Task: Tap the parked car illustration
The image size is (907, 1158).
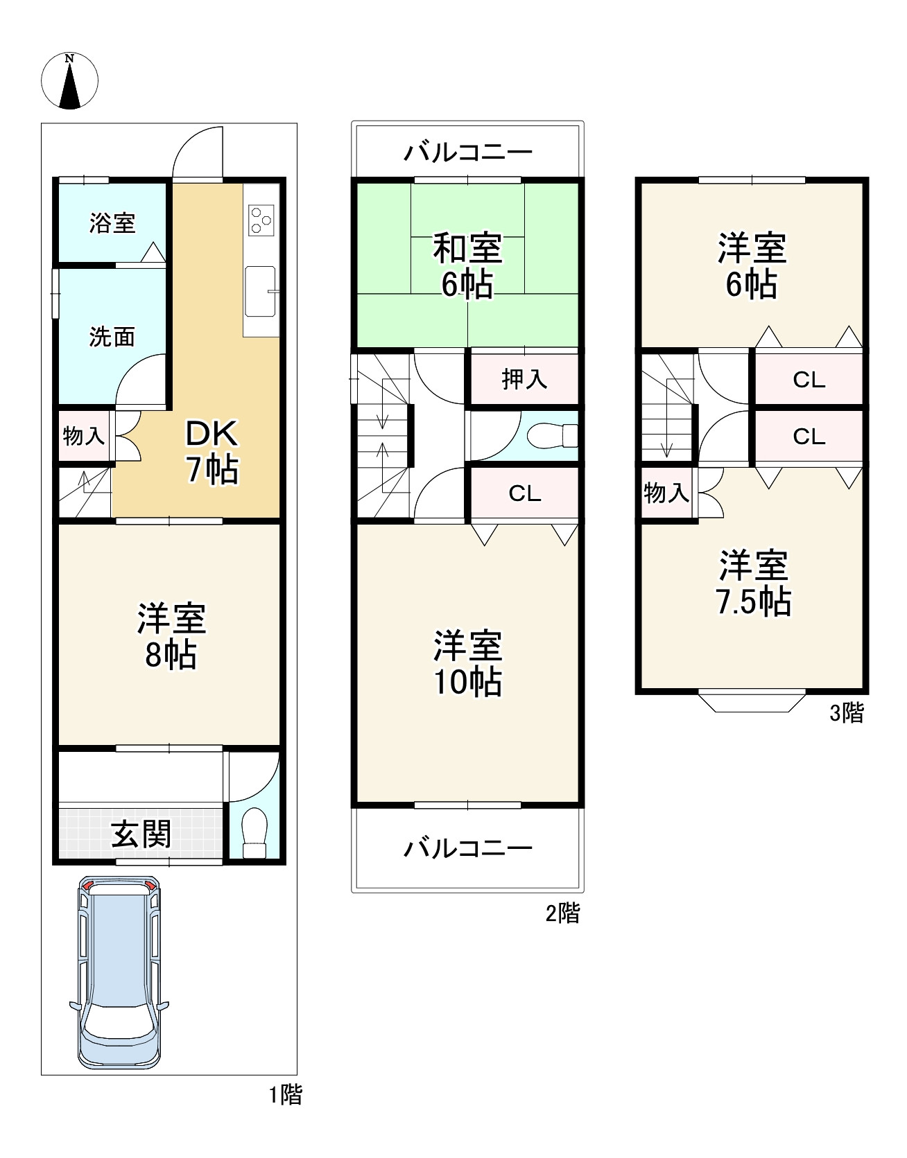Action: coord(119,973)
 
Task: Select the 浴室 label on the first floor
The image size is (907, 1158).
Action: coord(112,223)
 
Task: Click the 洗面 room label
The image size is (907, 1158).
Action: coord(112,337)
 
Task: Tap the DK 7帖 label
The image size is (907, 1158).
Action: coord(212,453)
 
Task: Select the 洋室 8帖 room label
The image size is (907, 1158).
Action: coord(171,636)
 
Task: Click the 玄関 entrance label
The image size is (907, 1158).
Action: coord(141,834)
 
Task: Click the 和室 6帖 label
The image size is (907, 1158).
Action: coord(467,265)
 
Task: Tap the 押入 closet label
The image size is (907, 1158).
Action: coord(525,379)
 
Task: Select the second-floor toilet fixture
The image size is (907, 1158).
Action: coord(553,436)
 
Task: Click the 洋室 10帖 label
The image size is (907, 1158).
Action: coord(468,664)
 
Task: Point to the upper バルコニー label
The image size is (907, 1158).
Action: coord(468,152)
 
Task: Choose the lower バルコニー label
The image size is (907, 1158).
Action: coord(468,848)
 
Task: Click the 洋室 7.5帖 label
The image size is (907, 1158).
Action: coord(753,583)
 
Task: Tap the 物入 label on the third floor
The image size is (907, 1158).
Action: coord(666,493)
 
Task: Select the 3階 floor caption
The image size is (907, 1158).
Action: coord(847,713)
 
